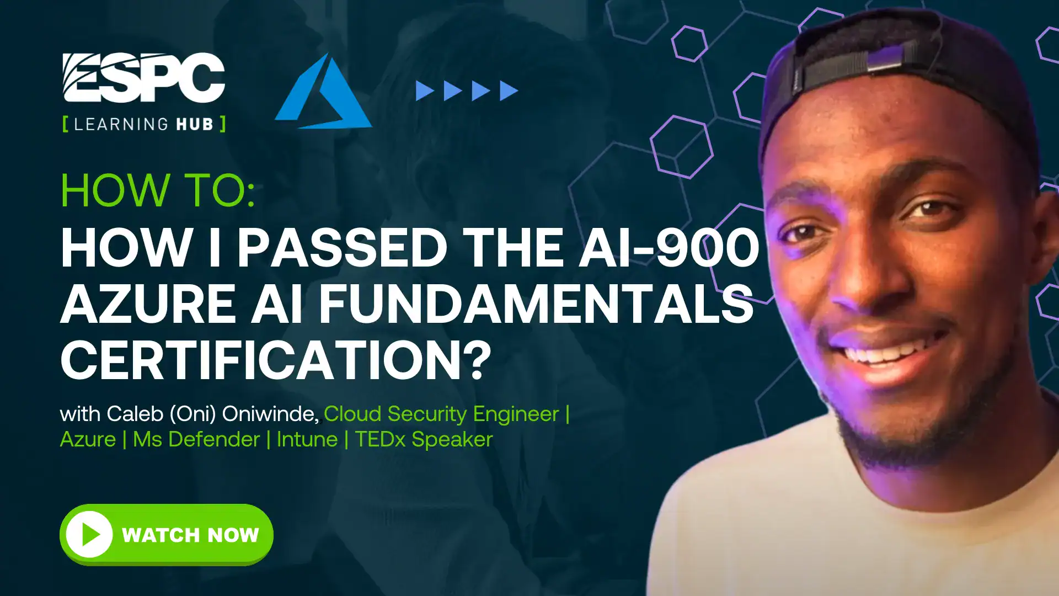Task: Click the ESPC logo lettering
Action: [143, 77]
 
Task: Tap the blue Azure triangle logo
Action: [323, 91]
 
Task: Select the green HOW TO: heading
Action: [158, 190]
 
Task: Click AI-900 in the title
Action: [668, 247]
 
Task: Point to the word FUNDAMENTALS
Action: [536, 304]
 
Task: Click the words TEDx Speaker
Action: [424, 439]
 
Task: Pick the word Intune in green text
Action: [307, 439]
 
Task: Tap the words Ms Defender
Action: [196, 439]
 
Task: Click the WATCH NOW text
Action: [190, 535]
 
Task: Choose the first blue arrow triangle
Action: [424, 91]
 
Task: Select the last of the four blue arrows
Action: [509, 91]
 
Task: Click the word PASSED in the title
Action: [342, 247]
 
